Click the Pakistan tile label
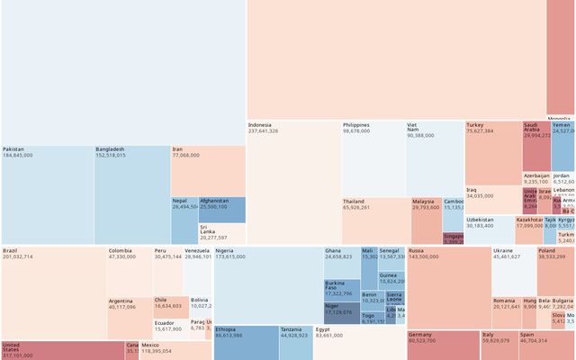tap(13, 149)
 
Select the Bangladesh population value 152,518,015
tap(116, 156)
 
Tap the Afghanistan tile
tap(221, 210)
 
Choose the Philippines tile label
tap(356, 125)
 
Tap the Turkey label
tap(475, 125)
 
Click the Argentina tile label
tap(122, 301)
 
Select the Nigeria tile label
tap(225, 250)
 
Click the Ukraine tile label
tap(504, 250)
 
